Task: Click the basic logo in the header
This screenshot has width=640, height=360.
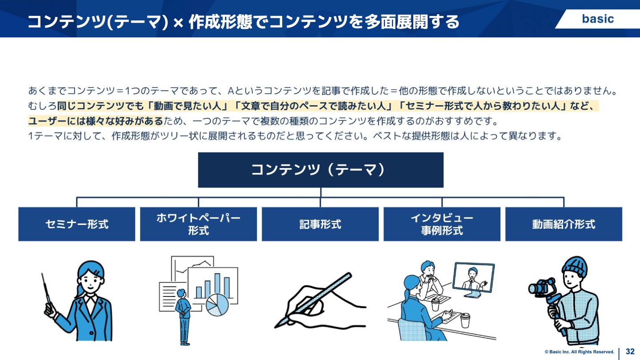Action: click(598, 19)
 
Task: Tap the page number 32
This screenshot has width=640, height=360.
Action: click(630, 352)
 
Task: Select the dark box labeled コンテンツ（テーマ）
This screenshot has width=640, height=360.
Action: click(320, 170)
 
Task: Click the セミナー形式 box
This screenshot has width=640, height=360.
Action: click(76, 224)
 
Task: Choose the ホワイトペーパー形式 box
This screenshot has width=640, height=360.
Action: click(198, 224)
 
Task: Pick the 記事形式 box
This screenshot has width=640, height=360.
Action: click(320, 224)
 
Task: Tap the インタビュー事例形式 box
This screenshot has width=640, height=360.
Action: click(442, 224)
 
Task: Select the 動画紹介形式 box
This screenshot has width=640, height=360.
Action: click(564, 224)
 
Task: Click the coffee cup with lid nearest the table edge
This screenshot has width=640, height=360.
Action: click(465, 320)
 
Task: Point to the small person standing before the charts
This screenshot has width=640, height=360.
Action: click(183, 316)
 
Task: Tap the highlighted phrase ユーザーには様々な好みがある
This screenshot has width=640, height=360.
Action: click(96, 121)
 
